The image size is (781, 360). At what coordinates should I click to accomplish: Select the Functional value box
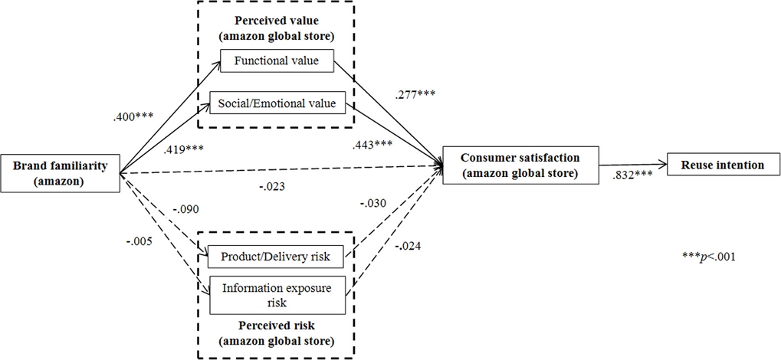tap(276, 61)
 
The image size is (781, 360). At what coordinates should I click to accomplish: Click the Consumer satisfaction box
tap(520, 164)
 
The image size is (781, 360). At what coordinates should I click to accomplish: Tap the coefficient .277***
tap(415, 96)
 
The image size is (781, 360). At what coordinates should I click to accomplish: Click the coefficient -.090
tap(185, 208)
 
